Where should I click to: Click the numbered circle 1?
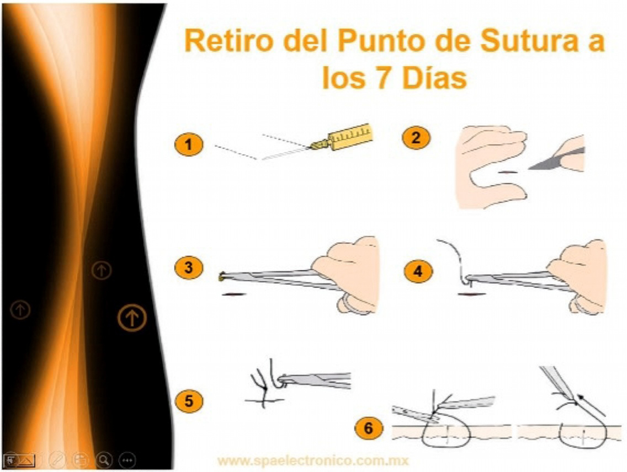tap(188, 145)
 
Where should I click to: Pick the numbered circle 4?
tap(418, 271)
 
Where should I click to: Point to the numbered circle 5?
tap(189, 401)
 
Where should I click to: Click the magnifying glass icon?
tap(104, 459)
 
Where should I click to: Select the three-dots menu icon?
tap(127, 459)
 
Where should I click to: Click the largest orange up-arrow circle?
tap(131, 318)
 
